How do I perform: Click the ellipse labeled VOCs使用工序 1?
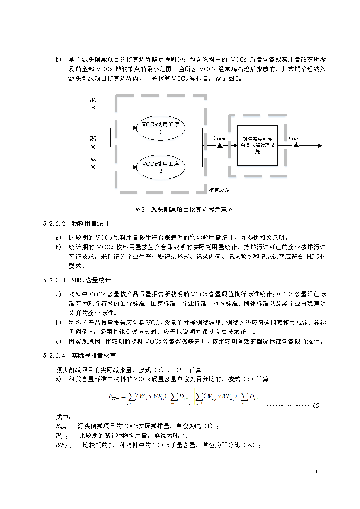click(x=161, y=127)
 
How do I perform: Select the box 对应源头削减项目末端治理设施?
click(x=257, y=145)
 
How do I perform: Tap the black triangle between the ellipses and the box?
click(x=219, y=146)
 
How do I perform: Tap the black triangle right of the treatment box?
click(x=296, y=146)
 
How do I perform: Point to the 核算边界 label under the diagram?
click(x=219, y=189)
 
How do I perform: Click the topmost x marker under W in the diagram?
click(x=93, y=107)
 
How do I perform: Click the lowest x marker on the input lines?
click(x=93, y=167)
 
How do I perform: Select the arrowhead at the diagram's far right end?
click(x=320, y=146)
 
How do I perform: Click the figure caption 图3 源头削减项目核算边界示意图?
click(x=184, y=210)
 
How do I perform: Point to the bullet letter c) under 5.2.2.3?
click(x=58, y=341)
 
